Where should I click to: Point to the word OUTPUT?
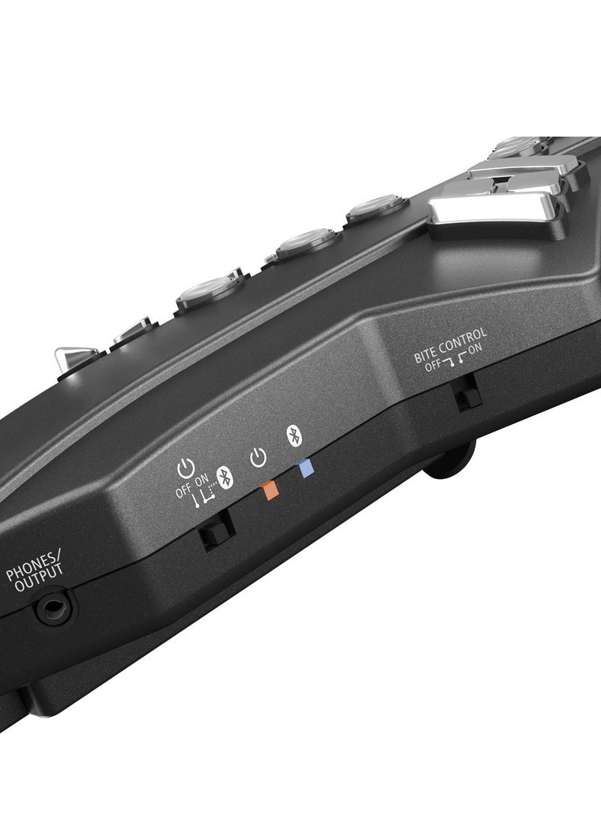pos(38,578)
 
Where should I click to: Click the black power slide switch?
pos(218,530)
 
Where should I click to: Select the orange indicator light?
pos(270,491)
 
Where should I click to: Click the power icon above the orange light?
pos(258,458)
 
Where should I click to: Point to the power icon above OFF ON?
pos(186,468)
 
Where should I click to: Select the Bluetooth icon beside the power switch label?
pos(225,477)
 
